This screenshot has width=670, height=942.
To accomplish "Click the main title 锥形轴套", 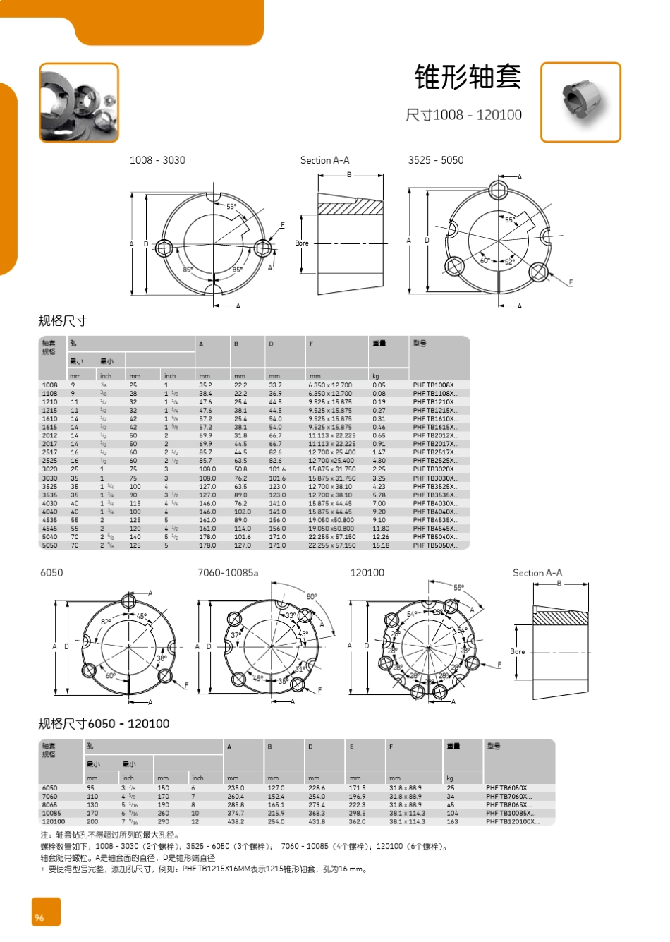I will tap(468, 77).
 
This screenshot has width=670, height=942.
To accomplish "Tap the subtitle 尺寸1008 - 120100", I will tap(463, 115).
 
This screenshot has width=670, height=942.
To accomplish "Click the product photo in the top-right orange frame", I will tap(580, 102).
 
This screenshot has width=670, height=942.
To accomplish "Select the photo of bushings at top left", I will tap(78, 102).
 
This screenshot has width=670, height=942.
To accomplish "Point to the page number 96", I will tap(39, 917).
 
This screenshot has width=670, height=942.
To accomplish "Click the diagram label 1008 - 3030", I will tap(157, 160).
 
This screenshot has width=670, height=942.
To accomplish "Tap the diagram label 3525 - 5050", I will tap(435, 160).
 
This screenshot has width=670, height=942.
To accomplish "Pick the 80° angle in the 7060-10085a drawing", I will tap(311, 597).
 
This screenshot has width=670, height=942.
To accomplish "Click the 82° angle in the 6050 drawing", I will tap(106, 622).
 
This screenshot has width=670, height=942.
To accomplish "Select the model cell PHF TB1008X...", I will tap(435, 385).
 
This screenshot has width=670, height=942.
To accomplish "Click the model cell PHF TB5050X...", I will tap(435, 545).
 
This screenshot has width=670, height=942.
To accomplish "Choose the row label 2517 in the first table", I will tap(49, 452).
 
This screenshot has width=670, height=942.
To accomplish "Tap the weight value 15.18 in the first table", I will tap(380, 545).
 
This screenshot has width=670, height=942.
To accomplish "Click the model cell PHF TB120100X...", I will tap(512, 821).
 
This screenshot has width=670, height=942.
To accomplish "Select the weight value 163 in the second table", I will tap(452, 821).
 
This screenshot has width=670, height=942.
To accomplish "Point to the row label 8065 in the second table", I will tap(50, 804).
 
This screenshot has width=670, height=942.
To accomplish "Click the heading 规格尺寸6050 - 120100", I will tap(104, 724).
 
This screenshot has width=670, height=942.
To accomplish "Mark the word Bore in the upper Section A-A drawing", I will tap(302, 243).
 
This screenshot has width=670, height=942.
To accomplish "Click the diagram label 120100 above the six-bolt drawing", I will tap(367, 573).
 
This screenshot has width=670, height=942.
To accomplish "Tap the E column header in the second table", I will tap(352, 747).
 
